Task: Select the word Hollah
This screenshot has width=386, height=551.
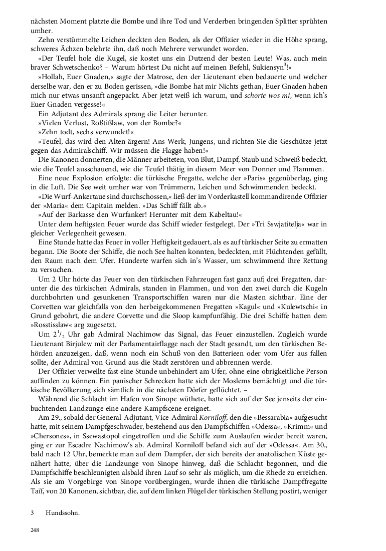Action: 51,78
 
